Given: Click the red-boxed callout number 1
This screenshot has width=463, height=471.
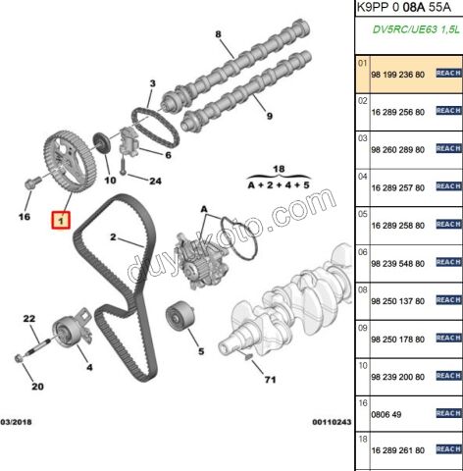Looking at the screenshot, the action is pyautogui.click(x=61, y=220).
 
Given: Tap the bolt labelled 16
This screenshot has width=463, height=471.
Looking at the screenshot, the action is pyautogui.click(x=32, y=183).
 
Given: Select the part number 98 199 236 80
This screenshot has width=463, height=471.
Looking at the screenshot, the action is pyautogui.click(x=397, y=75).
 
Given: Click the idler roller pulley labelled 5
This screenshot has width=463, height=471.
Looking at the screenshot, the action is pyautogui.click(x=180, y=316).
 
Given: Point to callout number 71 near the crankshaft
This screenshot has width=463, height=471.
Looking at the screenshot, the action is pyautogui.click(x=270, y=380).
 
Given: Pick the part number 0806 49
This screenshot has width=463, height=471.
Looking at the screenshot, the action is pyautogui.click(x=386, y=414).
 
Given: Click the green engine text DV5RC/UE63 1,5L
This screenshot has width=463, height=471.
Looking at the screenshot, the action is pyautogui.click(x=416, y=29).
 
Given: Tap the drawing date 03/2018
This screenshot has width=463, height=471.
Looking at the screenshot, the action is pyautogui.click(x=16, y=422).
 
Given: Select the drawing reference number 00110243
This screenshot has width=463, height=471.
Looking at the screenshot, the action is pyautogui.click(x=332, y=422).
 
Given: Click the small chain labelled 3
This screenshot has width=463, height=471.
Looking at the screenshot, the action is pyautogui.click(x=155, y=128).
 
